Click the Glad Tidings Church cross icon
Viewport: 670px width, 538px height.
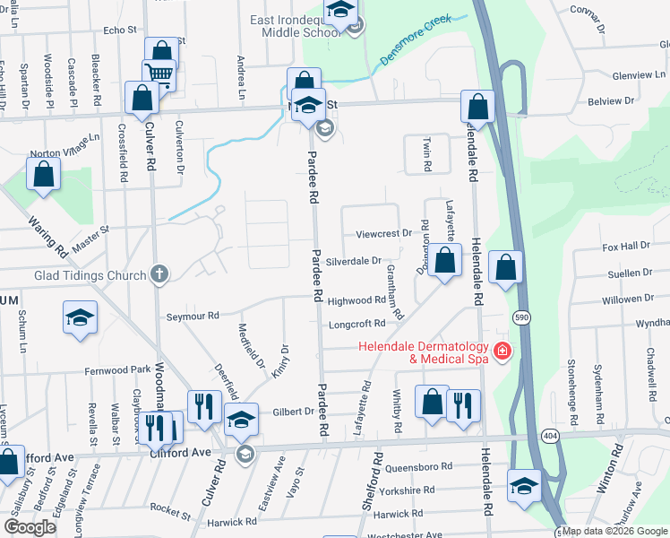click(160, 273)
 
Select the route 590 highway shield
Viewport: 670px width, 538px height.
click(520, 317)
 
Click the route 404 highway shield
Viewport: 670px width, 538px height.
click(548, 435)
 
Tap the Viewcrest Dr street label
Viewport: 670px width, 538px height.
click(382, 233)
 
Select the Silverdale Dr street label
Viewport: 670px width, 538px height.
click(354, 261)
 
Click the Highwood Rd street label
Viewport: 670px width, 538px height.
click(356, 301)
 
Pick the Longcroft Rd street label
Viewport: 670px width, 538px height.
click(356, 324)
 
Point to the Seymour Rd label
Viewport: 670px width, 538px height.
click(193, 316)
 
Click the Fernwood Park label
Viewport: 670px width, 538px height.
click(119, 369)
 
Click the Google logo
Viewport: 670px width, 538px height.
click(30, 527)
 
